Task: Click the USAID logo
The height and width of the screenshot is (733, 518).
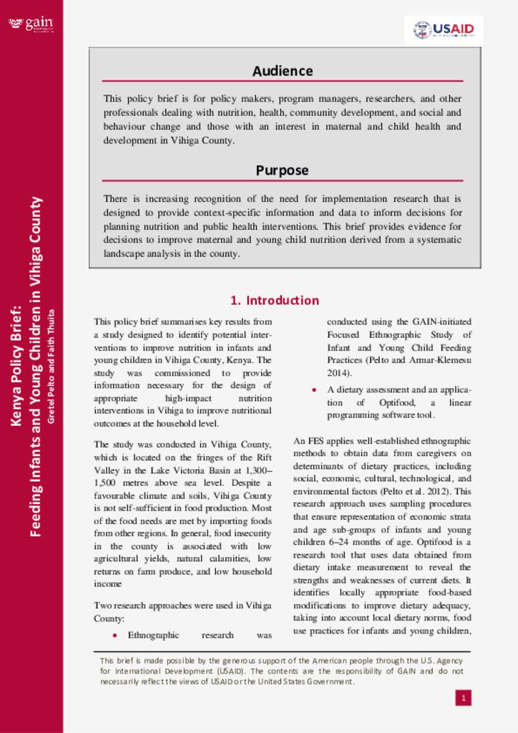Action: (444, 30)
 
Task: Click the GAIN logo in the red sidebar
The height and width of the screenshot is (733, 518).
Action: (31, 24)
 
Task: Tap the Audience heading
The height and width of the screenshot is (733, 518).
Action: (283, 71)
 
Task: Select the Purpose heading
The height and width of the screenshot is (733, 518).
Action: (283, 170)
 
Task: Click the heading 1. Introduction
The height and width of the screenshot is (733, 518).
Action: (275, 300)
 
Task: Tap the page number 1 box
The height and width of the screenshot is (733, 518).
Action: (463, 697)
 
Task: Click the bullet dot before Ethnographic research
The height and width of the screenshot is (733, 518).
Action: (114, 635)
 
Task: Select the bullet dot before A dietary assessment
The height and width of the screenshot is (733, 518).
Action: (314, 390)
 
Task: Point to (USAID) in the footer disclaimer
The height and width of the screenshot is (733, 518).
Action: (233, 671)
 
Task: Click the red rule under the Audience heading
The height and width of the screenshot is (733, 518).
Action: (283, 82)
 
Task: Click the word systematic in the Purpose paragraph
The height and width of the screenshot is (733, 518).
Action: (438, 240)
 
